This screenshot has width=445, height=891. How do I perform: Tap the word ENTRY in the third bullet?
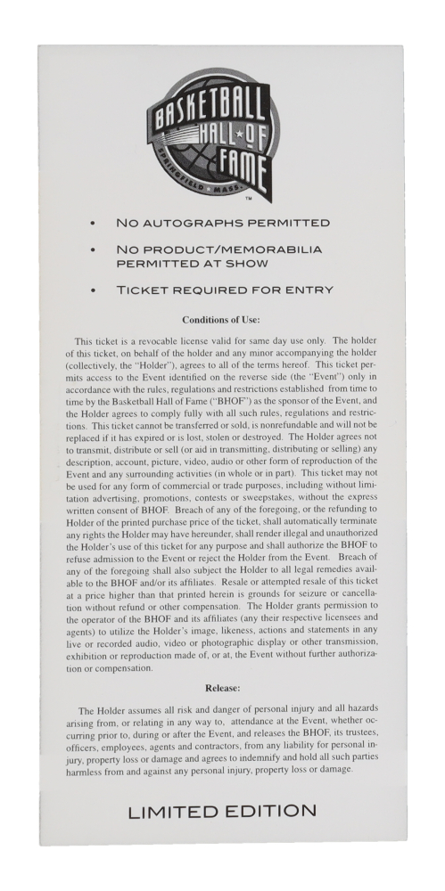pyautogui.click(x=306, y=290)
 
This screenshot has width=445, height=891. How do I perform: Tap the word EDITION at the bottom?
pyautogui.click(x=272, y=811)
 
